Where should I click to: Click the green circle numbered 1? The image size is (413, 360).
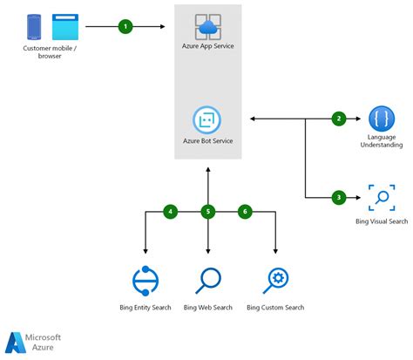tap(125, 27)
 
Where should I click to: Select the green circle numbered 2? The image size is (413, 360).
tap(339, 119)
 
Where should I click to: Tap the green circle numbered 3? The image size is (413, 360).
tap(339, 197)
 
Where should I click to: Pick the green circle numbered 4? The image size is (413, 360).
tap(172, 211)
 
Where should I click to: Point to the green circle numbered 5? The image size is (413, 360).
tap(207, 211)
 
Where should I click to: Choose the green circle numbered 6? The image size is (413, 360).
tap(245, 211)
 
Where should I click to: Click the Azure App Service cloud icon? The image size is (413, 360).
tap(208, 26)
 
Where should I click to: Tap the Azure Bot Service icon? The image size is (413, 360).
tap(206, 119)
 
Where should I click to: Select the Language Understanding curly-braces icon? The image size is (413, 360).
tap(381, 118)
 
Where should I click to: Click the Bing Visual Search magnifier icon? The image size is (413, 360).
tap(381, 197)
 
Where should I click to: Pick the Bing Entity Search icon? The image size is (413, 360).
tap(144, 281)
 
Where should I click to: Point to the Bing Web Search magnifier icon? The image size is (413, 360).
tap(208, 281)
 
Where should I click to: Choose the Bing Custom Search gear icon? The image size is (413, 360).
tap(275, 281)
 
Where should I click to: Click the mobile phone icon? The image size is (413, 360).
tap(36, 27)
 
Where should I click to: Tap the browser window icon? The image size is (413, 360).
tap(64, 27)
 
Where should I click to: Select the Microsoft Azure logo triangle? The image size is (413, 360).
tap(16, 343)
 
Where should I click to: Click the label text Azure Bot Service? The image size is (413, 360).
tap(206, 140)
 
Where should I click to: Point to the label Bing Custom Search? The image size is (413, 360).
tap(275, 308)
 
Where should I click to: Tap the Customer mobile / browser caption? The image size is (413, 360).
tap(49, 53)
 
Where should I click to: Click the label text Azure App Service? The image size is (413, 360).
tap(208, 45)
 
